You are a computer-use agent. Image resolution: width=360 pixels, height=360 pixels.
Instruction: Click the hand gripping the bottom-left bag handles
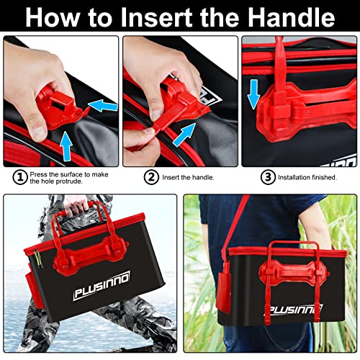click(x=76, y=208)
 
